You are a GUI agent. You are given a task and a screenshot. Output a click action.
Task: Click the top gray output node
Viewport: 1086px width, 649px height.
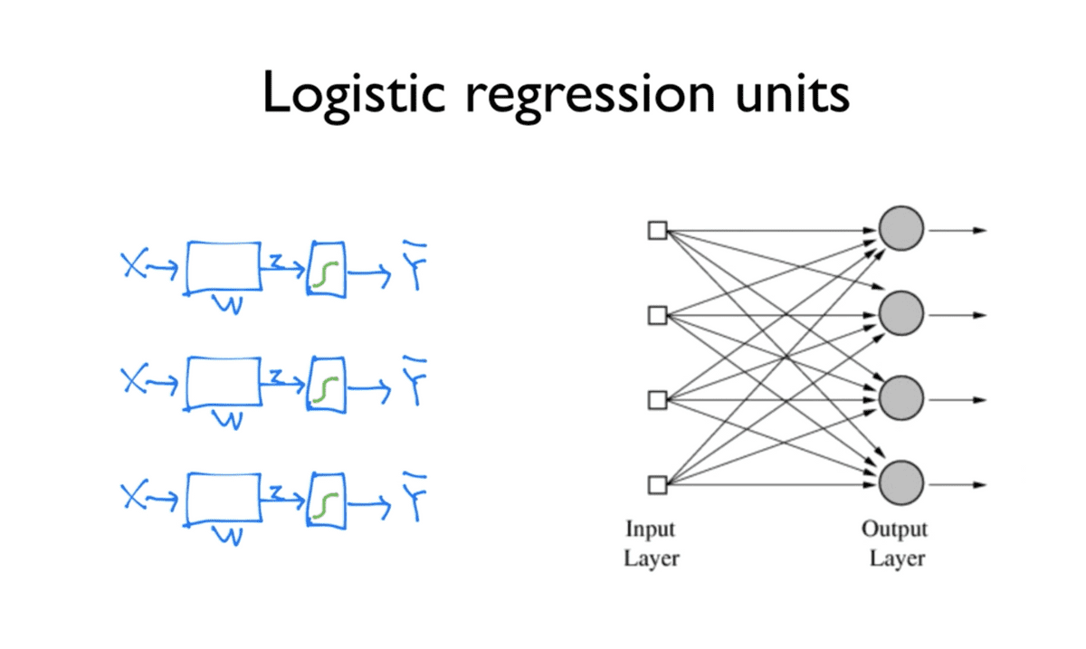(900, 230)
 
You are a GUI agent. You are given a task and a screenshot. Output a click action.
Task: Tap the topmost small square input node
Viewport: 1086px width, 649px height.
(657, 230)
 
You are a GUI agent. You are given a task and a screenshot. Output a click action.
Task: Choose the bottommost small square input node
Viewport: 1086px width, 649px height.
(657, 485)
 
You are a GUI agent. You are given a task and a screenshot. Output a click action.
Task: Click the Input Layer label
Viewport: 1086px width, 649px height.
(651, 543)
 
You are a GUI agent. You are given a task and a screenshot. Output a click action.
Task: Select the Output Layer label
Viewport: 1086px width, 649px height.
(894, 543)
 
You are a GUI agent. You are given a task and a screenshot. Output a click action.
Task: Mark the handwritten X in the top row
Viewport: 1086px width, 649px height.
(133, 265)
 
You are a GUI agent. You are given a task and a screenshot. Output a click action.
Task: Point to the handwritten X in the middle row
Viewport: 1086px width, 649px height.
(133, 381)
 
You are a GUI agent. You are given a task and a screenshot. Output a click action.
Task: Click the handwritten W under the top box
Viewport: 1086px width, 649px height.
(230, 306)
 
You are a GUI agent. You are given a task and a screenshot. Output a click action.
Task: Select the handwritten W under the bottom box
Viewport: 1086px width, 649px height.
(230, 537)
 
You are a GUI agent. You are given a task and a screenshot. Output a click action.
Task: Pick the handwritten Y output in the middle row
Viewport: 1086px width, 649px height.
(416, 382)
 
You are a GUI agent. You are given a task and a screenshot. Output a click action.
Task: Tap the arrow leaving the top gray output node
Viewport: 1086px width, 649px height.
(957, 230)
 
